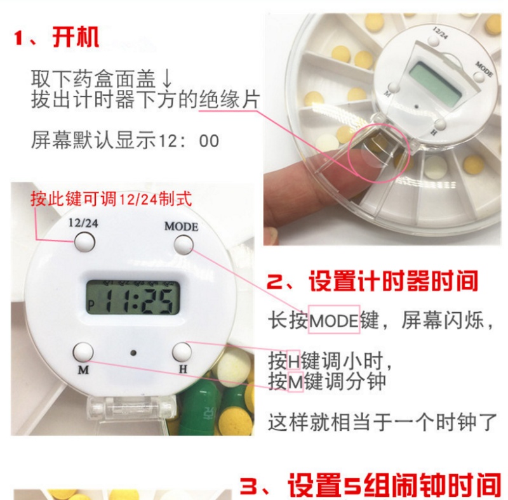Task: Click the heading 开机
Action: point(76,37)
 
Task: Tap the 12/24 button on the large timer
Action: point(84,242)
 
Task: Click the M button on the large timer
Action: point(83,352)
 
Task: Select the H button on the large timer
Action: point(182,352)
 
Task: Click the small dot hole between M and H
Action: point(133,353)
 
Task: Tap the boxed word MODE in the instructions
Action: point(334,320)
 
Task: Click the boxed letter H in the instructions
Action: point(294,360)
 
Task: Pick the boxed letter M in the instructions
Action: point(295,381)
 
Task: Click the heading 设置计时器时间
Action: point(393,280)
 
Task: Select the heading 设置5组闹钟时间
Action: point(394,485)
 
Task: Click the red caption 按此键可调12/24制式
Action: point(112,199)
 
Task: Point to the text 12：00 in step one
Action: point(189,141)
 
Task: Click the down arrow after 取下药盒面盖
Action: point(167,79)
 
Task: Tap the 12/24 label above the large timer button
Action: point(83,223)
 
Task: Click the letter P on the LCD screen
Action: point(91,305)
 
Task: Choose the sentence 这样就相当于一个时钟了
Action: point(382,422)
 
